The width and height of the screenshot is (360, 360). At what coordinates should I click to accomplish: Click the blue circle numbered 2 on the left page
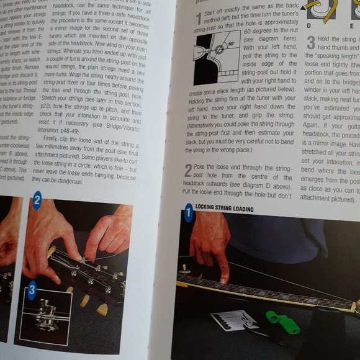tap(37, 200)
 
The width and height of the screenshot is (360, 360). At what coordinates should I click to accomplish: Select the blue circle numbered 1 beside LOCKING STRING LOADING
tap(188, 215)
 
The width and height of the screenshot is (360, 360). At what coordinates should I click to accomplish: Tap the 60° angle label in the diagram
tap(231, 45)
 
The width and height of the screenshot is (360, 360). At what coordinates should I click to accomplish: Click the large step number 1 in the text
tap(198, 19)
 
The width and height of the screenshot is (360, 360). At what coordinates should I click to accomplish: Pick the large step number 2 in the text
tap(188, 170)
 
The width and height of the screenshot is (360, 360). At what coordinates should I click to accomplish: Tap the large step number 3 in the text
tap(310, 43)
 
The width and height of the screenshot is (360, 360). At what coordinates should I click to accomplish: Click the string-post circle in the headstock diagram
tap(218, 50)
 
